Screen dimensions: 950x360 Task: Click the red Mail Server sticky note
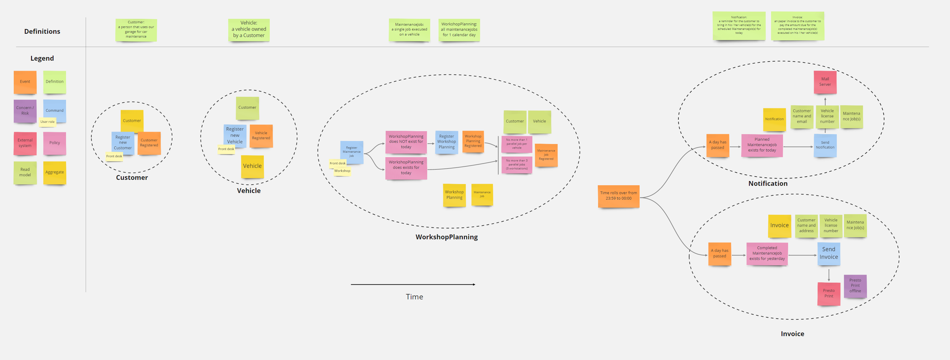point(825,82)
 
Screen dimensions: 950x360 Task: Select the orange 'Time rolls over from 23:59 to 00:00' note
point(618,196)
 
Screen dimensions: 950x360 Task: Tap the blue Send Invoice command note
point(829,253)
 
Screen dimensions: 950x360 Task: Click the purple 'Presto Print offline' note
point(855,286)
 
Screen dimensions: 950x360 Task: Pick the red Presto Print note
point(829,294)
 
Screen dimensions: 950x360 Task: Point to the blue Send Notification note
point(825,145)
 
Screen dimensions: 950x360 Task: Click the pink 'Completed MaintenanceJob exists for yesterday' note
point(767,253)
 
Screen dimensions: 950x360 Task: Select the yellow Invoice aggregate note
point(779,225)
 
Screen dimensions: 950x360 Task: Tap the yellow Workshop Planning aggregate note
point(454,195)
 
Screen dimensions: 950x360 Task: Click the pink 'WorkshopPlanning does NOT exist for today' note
point(406,142)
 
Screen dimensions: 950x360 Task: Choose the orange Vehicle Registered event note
point(261,136)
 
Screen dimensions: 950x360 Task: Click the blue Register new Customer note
point(122,143)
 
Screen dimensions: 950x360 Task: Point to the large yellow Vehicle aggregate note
point(252,166)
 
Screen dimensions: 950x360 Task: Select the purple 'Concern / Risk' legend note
point(25,111)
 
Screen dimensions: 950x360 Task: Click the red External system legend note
point(25,143)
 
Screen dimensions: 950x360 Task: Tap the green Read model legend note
point(25,172)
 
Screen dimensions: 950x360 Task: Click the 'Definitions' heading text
point(42,32)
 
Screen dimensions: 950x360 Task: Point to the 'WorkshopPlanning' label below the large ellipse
point(446,237)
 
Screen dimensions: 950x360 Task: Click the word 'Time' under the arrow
point(414,297)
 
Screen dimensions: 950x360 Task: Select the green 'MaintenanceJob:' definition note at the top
point(409,30)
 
